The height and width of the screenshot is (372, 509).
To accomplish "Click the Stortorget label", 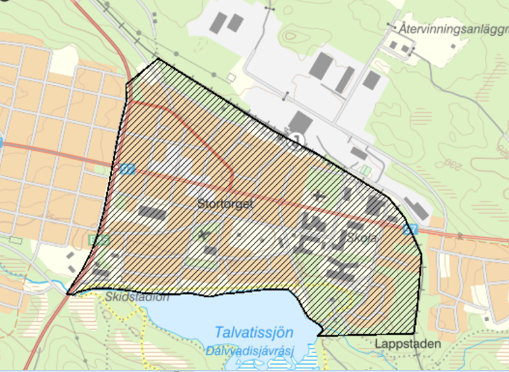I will [x=225, y=205].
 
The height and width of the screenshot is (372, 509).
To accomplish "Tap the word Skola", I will [x=361, y=238].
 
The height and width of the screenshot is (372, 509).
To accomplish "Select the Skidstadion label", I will [x=137, y=297].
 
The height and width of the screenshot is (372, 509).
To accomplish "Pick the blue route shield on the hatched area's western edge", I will [x=128, y=169].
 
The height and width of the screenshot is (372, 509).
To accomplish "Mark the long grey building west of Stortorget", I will [x=153, y=213].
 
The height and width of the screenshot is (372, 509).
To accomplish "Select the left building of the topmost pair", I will [x=217, y=22].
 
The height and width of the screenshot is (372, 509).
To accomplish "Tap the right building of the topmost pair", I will [x=235, y=23].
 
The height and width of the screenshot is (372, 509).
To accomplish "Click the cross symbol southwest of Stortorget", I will [x=203, y=235].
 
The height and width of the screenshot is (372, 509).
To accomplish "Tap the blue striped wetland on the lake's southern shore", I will [x=310, y=357].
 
